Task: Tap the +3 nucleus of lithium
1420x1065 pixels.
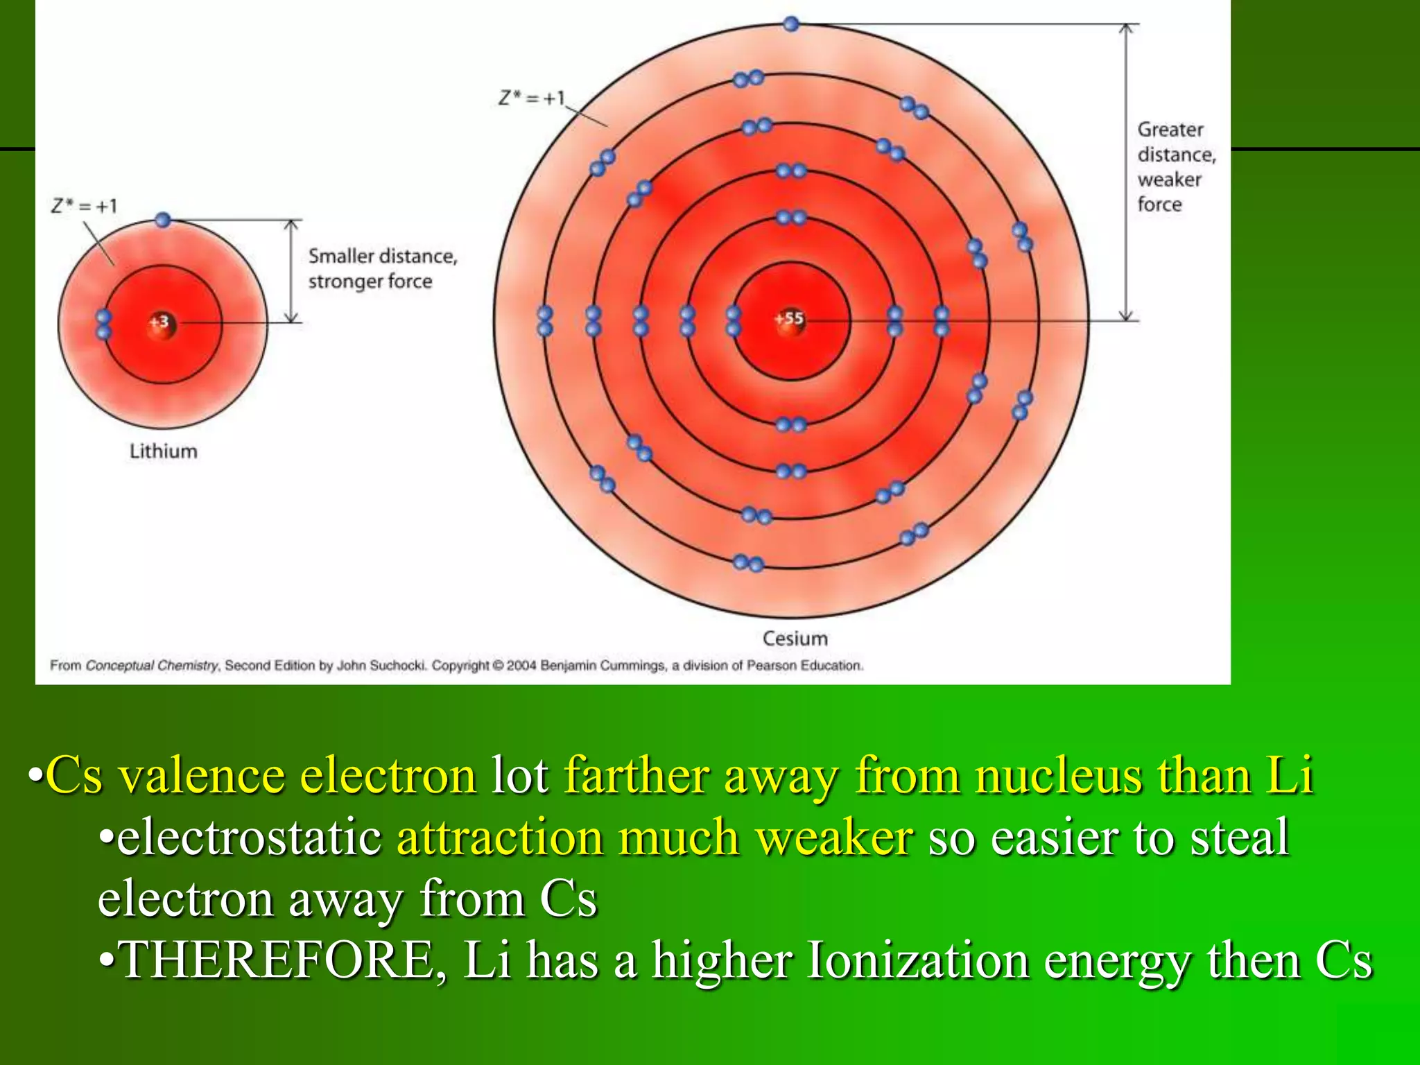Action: click(161, 322)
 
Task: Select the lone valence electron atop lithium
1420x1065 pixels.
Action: click(163, 220)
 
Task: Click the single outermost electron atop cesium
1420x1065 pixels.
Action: click(791, 24)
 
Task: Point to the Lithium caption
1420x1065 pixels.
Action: click(164, 451)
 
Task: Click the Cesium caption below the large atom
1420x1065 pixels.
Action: click(795, 639)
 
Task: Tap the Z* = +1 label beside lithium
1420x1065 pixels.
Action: click(85, 206)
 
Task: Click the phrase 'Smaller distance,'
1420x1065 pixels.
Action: click(383, 256)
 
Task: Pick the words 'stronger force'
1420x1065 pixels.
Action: click(370, 282)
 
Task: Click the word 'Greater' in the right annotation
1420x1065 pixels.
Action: click(1170, 130)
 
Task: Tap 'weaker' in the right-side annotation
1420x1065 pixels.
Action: click(1169, 180)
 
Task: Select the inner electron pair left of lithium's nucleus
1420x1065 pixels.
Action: click(103, 324)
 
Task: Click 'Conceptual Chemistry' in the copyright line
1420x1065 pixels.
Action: click(152, 666)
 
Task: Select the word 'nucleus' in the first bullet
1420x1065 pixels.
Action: click(1058, 775)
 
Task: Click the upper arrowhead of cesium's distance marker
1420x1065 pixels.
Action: click(1127, 28)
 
